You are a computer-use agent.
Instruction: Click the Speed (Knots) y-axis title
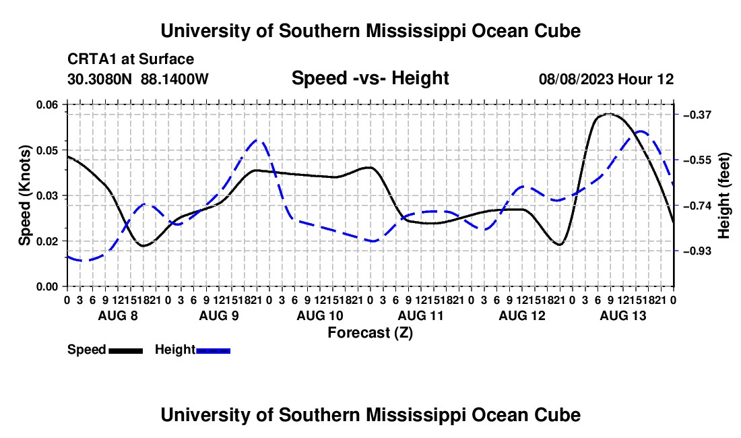(x=24, y=195)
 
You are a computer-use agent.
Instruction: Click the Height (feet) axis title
(x=723, y=195)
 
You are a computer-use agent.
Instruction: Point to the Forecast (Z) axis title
(x=370, y=333)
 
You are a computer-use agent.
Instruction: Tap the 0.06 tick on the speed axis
(x=47, y=105)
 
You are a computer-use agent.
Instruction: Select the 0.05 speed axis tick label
(x=47, y=150)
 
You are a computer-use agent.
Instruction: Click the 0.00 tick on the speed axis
(x=47, y=287)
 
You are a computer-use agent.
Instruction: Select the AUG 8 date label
(x=118, y=315)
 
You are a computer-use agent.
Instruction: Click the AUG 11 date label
(x=420, y=315)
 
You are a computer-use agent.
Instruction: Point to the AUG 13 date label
(x=623, y=315)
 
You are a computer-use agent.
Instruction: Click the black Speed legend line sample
(x=126, y=350)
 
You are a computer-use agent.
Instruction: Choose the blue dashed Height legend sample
(x=213, y=350)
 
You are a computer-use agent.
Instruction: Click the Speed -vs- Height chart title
(x=370, y=78)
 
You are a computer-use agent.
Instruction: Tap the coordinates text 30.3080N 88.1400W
(x=137, y=79)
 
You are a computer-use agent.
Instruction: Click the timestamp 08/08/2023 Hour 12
(x=606, y=79)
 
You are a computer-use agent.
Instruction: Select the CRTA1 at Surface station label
(x=131, y=59)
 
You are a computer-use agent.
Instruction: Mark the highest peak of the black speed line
(x=609, y=114)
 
